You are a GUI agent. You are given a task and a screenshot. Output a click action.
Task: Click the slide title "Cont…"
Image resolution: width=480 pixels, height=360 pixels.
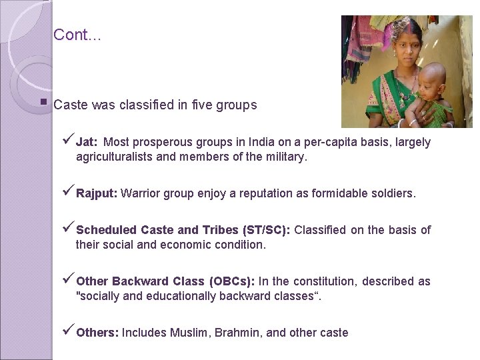coord(77,35)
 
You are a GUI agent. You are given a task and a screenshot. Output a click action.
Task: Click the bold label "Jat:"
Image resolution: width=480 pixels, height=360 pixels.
coord(87,142)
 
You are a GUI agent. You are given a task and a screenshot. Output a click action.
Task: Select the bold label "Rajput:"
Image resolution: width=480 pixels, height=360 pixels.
coord(97,193)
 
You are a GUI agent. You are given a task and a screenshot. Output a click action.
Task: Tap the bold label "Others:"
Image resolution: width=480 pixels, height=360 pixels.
coord(97,333)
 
